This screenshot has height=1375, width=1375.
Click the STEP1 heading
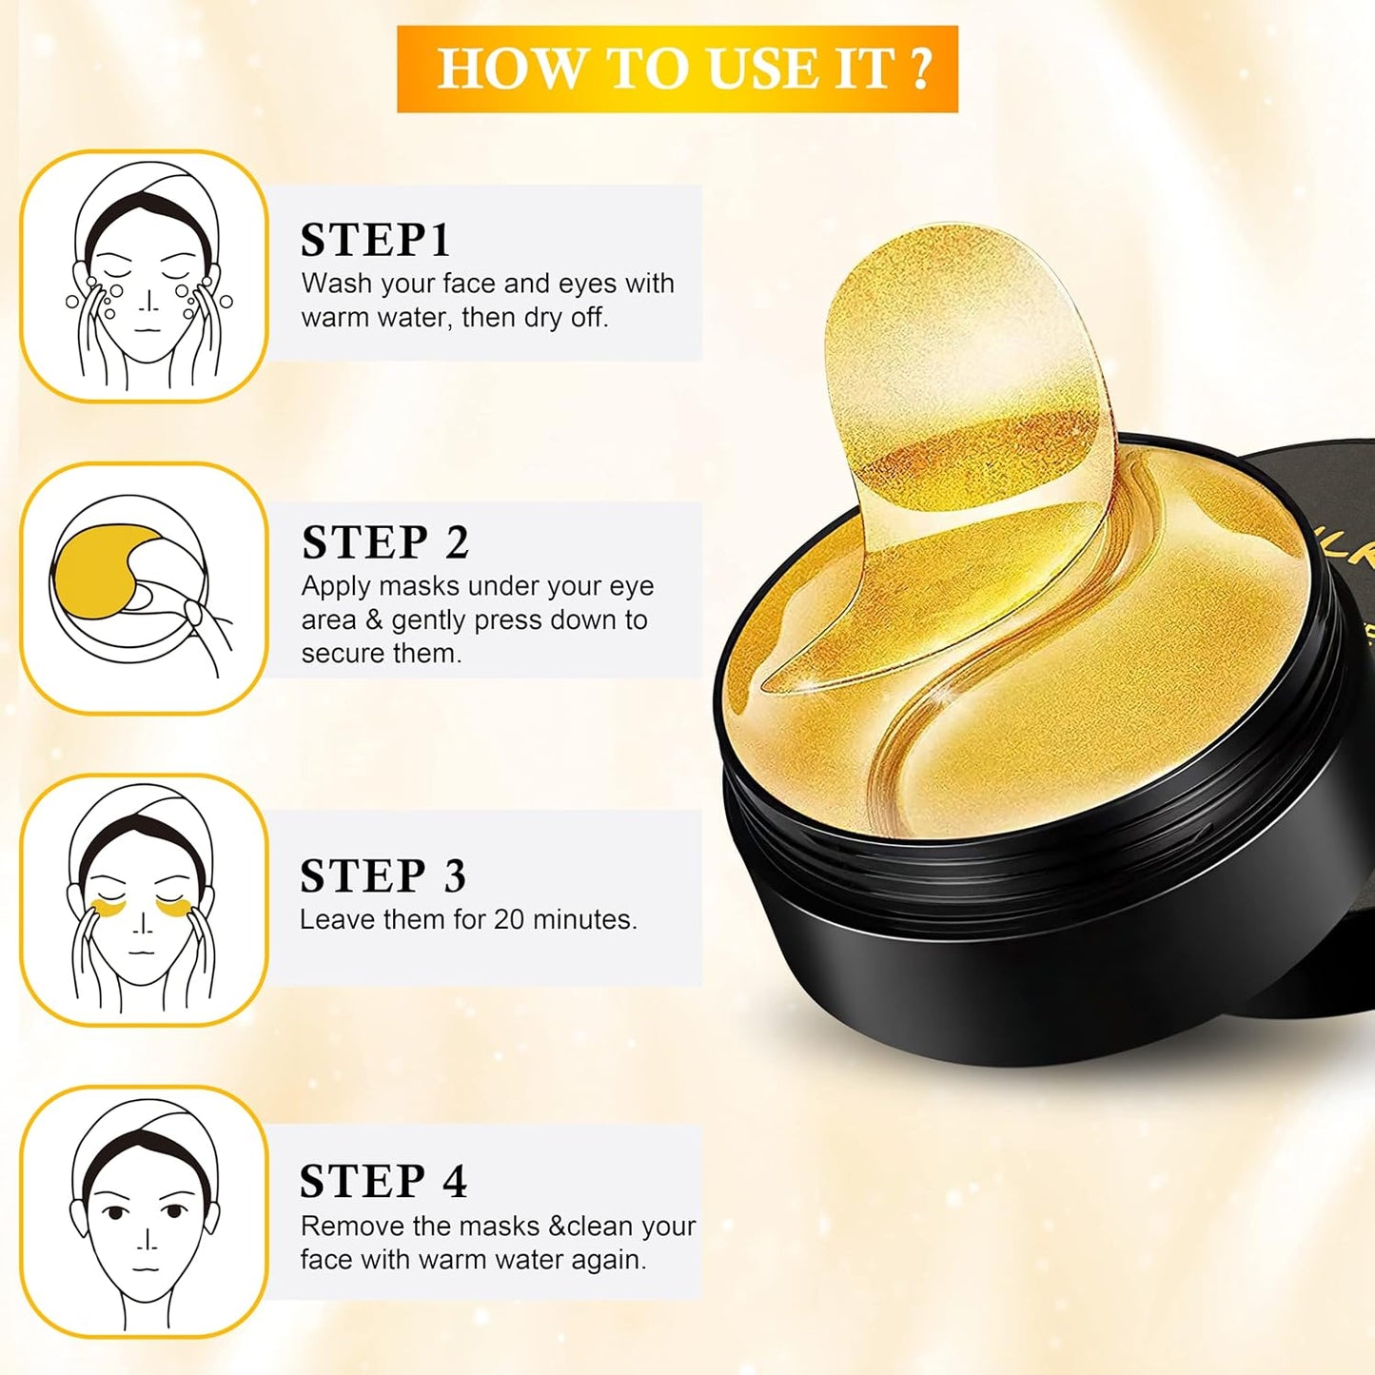(x=375, y=240)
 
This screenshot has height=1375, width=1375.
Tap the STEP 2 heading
(x=385, y=542)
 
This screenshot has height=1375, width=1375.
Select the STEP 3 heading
(x=383, y=876)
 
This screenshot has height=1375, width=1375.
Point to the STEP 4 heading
(x=383, y=1181)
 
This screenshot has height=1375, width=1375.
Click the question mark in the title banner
(x=919, y=69)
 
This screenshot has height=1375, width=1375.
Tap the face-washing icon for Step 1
(x=145, y=276)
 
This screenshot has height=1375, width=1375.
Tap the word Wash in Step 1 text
(x=335, y=284)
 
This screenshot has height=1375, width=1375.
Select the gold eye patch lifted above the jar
(x=961, y=381)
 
